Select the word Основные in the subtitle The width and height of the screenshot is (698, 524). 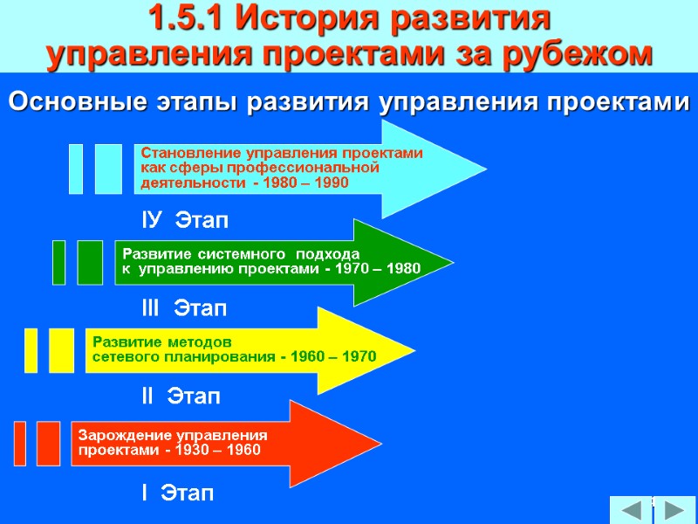[x=65, y=102]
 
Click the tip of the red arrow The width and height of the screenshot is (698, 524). [x=380, y=444]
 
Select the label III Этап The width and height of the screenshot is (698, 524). [x=184, y=308]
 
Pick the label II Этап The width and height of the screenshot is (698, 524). [x=181, y=396]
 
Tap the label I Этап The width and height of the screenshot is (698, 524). [x=177, y=493]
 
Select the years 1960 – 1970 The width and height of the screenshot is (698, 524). [x=335, y=357]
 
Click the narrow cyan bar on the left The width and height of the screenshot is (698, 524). [x=76, y=168]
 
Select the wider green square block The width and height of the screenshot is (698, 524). [x=90, y=262]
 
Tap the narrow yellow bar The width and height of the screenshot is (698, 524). [x=31, y=350]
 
